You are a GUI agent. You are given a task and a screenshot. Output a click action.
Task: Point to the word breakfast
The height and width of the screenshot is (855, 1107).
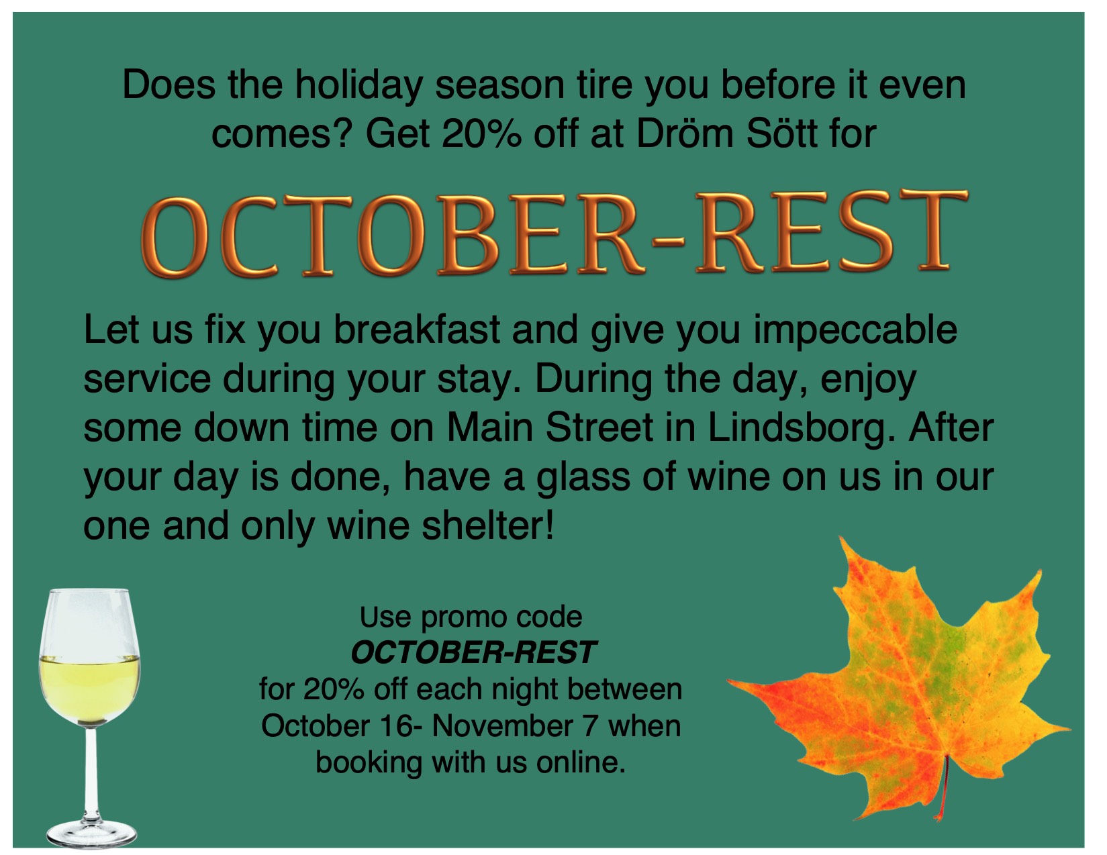coord(417,330)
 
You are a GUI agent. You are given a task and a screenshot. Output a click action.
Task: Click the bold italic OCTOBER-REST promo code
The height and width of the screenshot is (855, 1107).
coord(473,653)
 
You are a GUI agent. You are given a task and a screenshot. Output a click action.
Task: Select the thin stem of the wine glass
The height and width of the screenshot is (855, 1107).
coord(91,772)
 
